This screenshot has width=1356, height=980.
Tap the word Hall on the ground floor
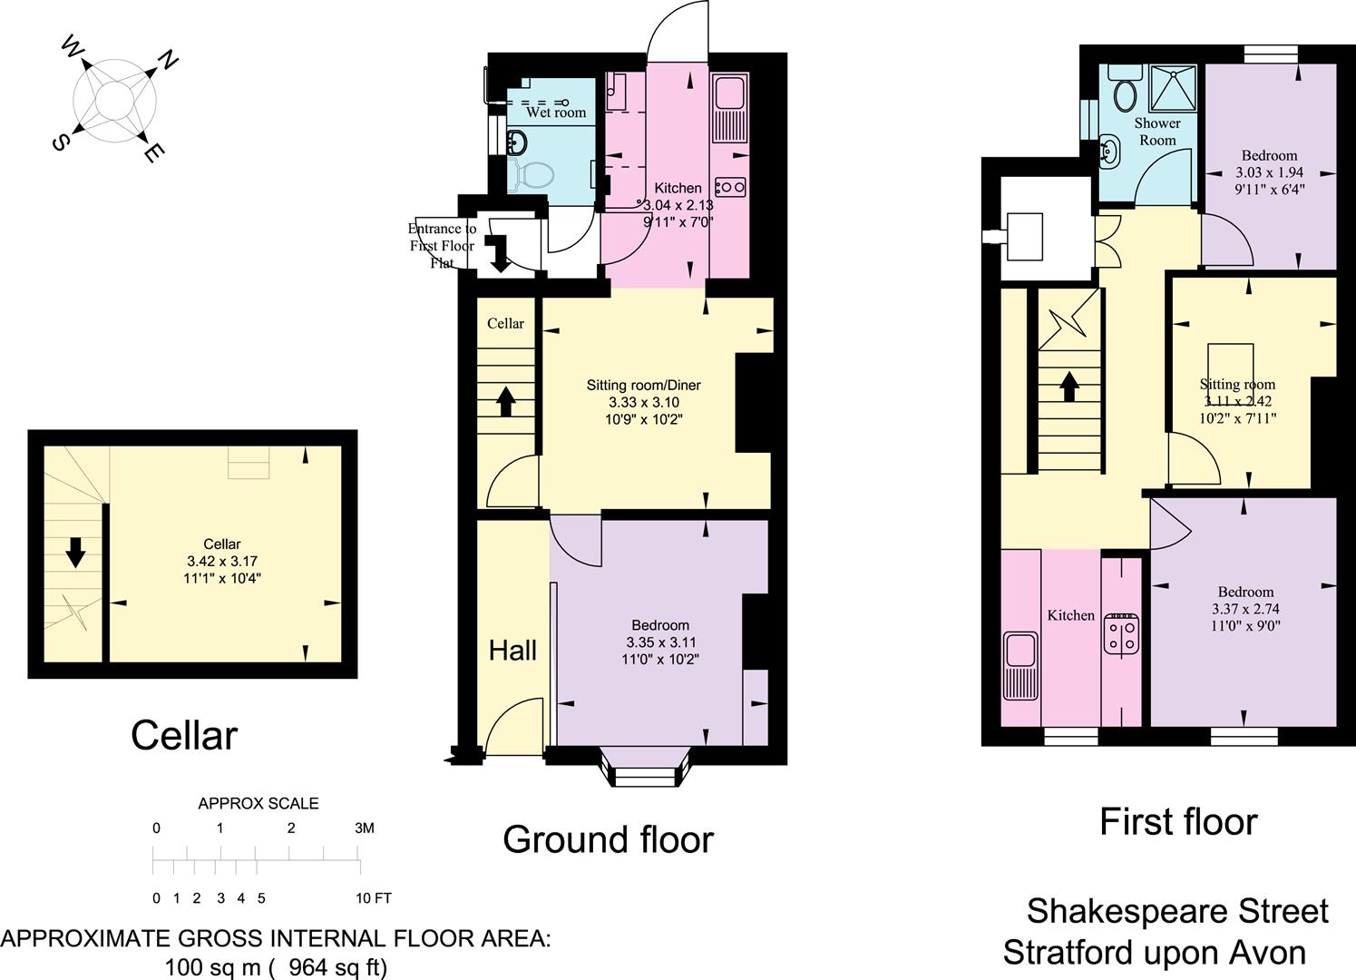point(512,650)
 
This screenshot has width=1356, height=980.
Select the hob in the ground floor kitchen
point(729,187)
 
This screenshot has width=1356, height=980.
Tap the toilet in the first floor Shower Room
point(1126,91)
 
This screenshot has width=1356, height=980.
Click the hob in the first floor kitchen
point(1121,634)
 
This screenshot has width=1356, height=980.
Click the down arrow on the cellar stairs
point(75,551)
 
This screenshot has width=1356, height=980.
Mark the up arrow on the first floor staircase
point(1068,386)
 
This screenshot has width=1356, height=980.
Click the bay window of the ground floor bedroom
point(645,768)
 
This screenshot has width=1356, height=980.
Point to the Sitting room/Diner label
point(643,385)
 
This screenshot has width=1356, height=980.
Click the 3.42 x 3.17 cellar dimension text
point(222,561)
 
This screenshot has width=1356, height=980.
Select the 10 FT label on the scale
point(373,898)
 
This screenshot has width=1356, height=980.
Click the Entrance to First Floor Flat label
point(442,245)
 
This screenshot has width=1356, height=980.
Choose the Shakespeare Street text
point(1176,910)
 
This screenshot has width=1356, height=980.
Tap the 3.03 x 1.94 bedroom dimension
point(1269,172)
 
